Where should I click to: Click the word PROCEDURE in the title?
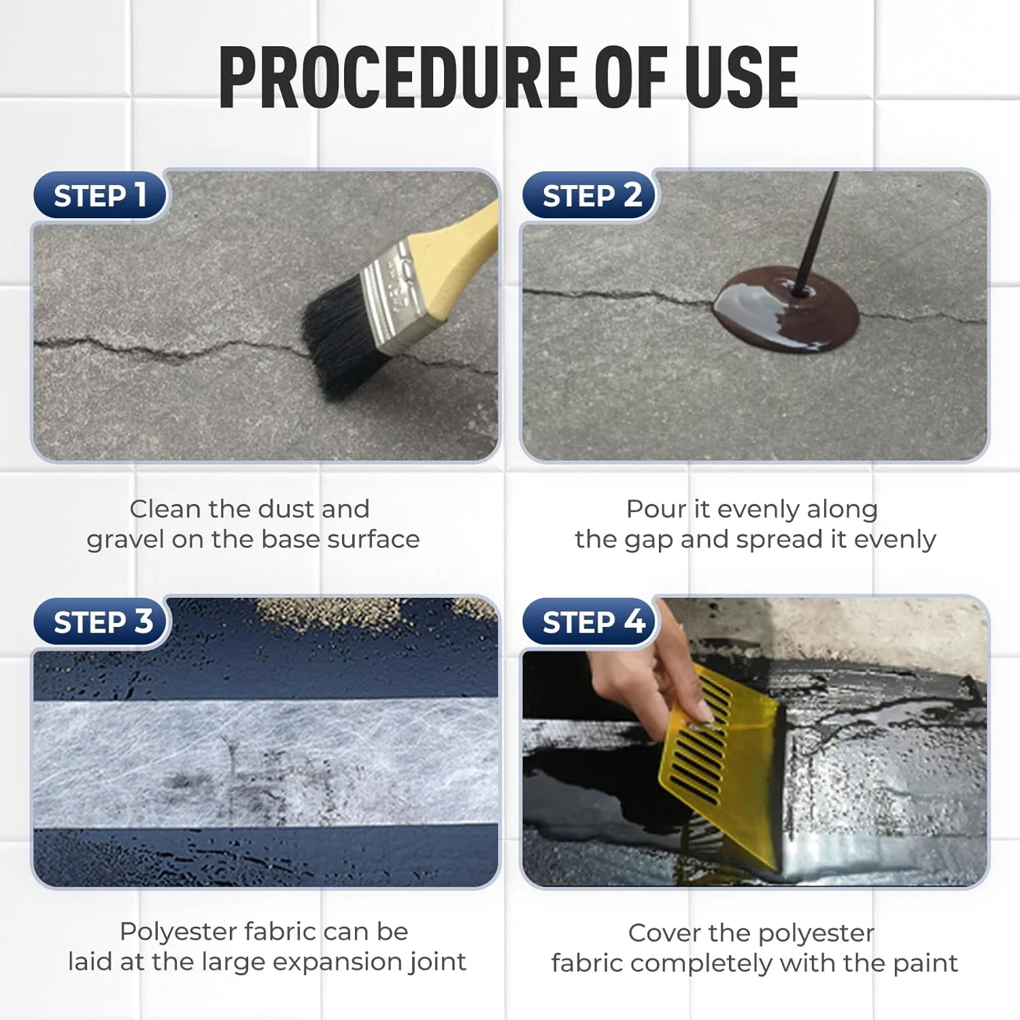tap(400, 77)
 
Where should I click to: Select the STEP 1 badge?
tap(100, 196)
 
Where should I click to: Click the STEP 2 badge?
tap(590, 196)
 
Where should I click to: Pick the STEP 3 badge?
tap(102, 622)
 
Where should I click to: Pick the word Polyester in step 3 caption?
tap(178, 932)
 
